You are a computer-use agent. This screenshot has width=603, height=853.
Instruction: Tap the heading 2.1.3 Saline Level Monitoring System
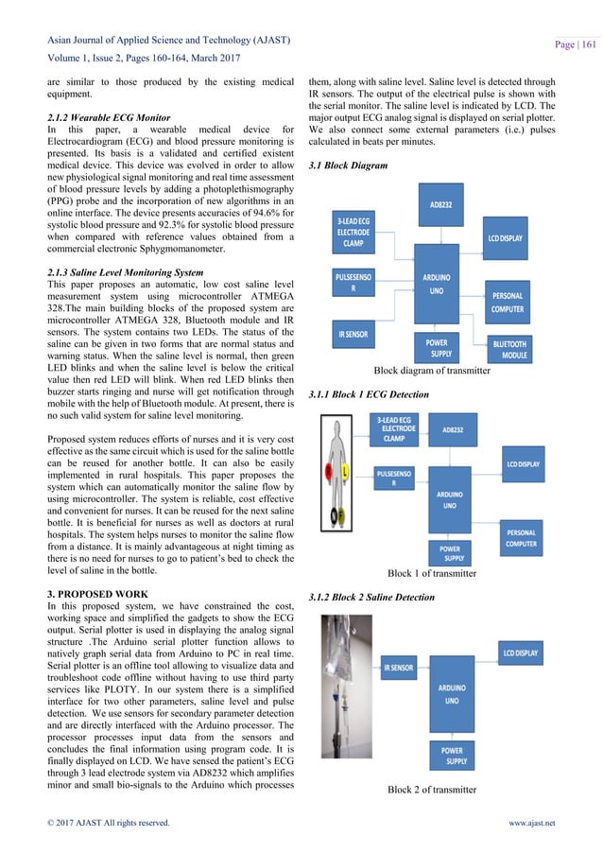point(124,272)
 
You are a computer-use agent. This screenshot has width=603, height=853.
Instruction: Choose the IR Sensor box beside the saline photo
point(398,668)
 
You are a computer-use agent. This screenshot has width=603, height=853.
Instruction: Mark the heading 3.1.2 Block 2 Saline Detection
point(371,598)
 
